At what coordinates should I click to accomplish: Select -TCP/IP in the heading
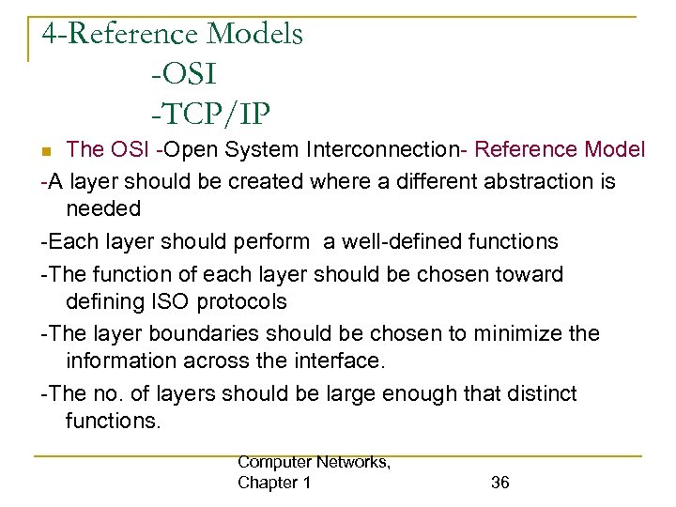tap(209, 114)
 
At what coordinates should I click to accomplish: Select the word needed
tap(103, 208)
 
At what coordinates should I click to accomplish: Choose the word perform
tap(274, 241)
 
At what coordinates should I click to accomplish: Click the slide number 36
tap(500, 483)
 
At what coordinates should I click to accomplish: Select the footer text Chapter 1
tap(275, 483)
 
